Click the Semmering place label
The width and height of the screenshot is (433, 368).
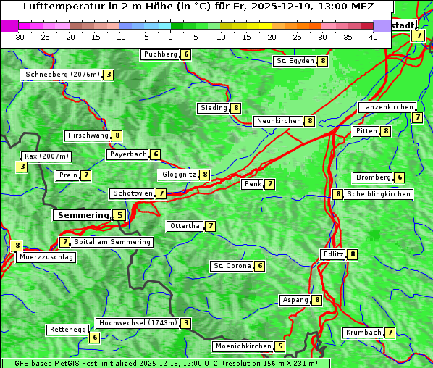(82, 215)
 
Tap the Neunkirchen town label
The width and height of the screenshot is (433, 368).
(278, 121)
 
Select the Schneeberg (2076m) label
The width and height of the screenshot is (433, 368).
(62, 75)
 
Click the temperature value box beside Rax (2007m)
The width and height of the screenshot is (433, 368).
(22, 167)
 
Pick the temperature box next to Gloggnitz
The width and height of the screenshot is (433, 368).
(205, 175)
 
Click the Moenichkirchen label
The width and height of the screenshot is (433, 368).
(243, 346)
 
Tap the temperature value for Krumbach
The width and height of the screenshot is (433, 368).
(390, 333)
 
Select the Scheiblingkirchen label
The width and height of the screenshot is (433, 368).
(379, 194)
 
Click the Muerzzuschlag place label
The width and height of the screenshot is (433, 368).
(46, 257)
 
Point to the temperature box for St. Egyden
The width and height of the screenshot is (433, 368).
(323, 61)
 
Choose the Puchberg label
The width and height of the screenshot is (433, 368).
(160, 54)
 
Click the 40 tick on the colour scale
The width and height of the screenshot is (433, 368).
(373, 37)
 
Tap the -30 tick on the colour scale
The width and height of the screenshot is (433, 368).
(20, 37)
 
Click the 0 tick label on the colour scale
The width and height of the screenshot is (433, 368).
(171, 37)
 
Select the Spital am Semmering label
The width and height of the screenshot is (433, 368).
(112, 242)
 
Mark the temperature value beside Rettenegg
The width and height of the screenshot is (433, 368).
(94, 338)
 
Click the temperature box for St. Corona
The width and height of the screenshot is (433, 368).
(260, 266)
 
